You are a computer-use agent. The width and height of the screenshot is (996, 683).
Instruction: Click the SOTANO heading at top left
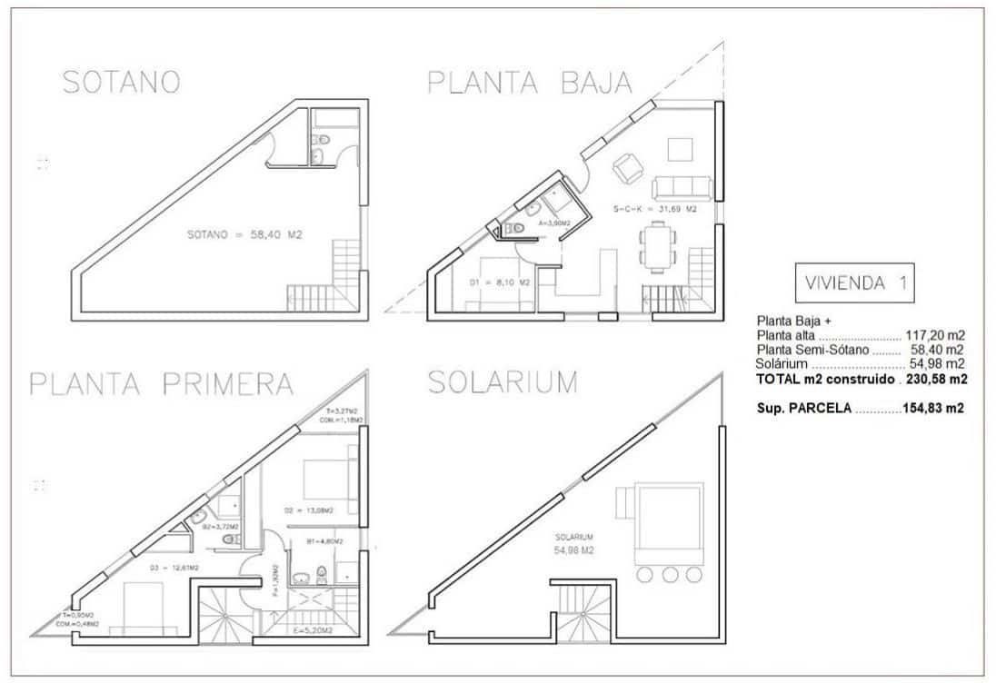coord(120,82)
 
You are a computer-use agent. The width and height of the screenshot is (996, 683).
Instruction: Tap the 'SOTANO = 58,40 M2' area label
coord(244,234)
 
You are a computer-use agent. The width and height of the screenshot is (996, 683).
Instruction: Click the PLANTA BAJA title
coord(529,83)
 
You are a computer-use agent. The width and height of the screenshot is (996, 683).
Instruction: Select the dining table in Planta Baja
coord(657,247)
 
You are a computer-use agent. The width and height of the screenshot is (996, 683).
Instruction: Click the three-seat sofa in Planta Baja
coord(684,186)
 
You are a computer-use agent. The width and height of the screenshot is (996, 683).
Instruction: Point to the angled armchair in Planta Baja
coord(627,167)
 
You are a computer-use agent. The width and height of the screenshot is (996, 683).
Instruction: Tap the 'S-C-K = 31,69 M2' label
coord(654,209)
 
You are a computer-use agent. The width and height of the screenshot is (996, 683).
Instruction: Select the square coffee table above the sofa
coord(681,148)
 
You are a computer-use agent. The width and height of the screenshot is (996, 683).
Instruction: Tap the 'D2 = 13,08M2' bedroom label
coord(309,510)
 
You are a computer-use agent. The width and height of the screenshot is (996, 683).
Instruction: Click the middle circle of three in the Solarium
coord(671,574)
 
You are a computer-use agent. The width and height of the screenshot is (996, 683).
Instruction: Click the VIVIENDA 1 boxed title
coord(853,282)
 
